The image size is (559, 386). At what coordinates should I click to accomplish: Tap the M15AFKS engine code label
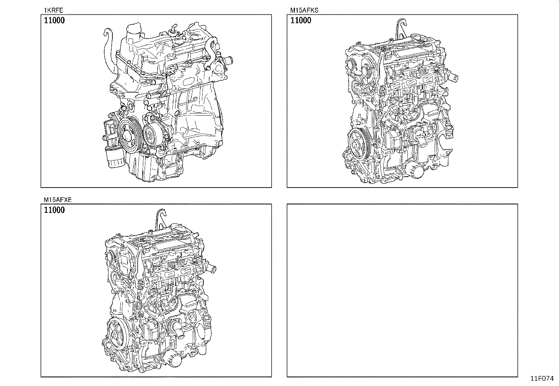click(304, 10)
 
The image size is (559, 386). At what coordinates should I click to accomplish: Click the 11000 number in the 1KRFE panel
click(54, 20)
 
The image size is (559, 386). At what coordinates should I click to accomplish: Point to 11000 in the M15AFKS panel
click(301, 20)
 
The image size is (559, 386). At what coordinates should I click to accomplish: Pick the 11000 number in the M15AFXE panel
click(54, 210)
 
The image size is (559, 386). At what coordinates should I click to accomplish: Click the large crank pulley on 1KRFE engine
click(128, 135)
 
